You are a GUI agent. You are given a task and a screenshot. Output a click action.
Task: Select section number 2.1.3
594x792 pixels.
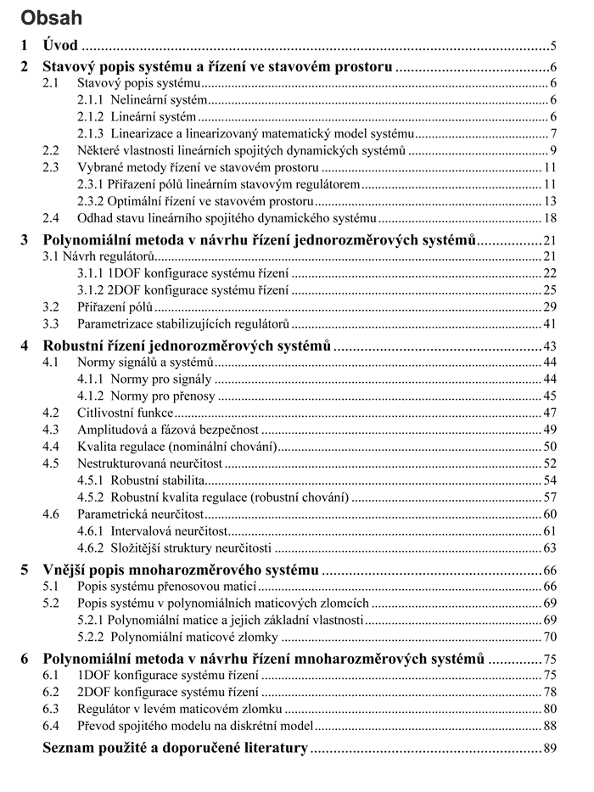point(92,133)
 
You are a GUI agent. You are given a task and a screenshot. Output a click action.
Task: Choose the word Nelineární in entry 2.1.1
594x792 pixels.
point(141,99)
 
